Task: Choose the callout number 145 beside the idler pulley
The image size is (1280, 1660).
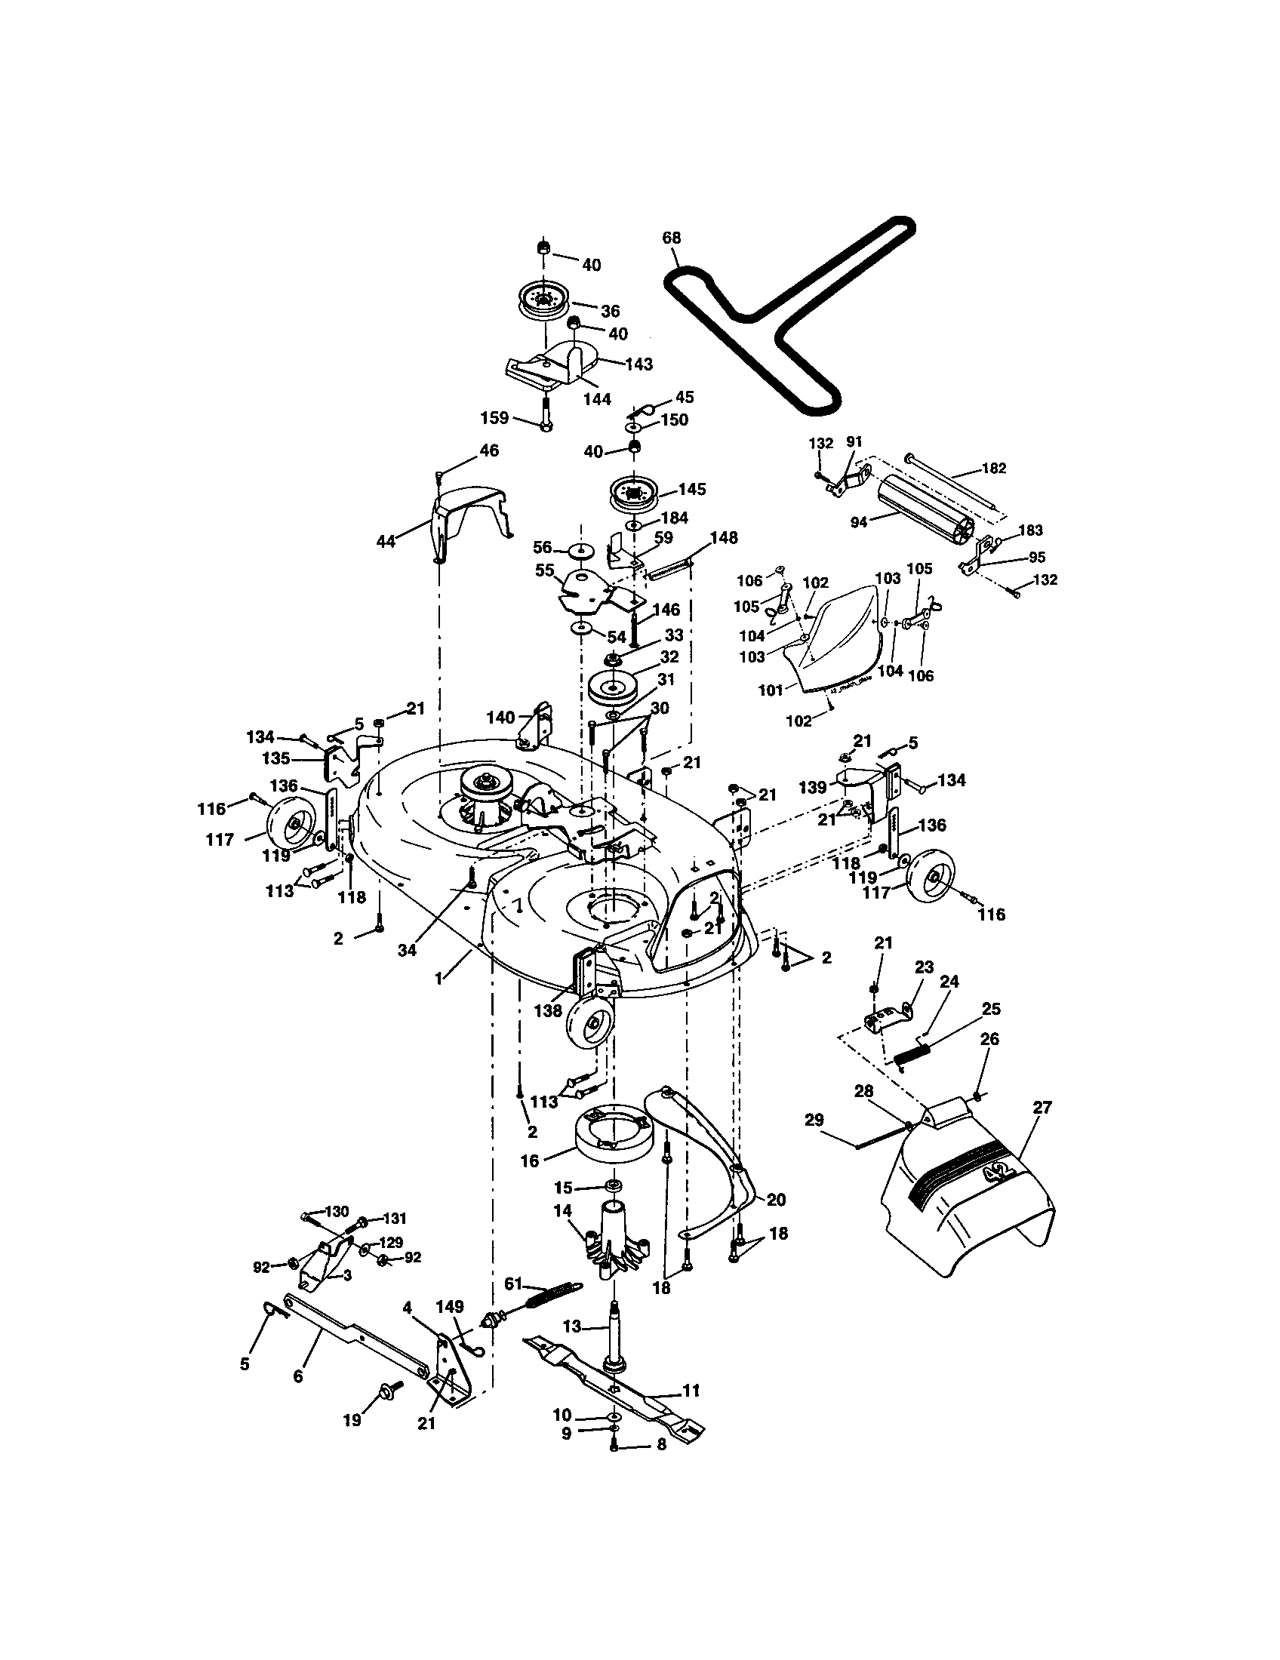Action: coord(691,489)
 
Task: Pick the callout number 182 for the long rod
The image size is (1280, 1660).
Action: coord(992,469)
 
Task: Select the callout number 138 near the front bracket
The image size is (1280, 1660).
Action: coord(548,1010)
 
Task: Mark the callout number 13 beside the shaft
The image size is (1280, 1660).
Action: coord(571,1326)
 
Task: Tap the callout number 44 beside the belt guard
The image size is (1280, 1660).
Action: coord(386,541)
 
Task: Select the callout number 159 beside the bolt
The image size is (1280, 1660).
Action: coord(494,418)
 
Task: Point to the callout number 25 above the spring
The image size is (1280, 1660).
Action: coord(991,1009)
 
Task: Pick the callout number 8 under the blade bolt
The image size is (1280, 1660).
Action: coord(661,1465)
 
